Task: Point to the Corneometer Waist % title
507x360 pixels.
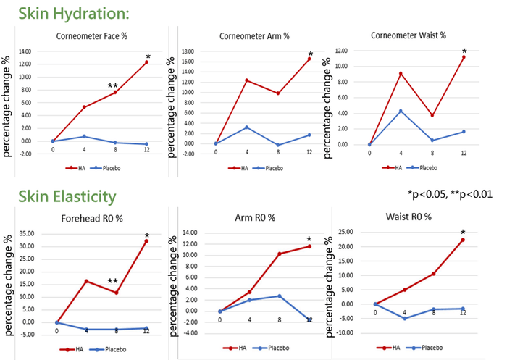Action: pyautogui.click(x=408, y=35)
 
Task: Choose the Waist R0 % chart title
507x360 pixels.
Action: pyautogui.click(x=408, y=216)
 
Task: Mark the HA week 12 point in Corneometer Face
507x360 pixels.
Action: pyautogui.click(x=146, y=62)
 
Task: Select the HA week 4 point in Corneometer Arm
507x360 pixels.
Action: pyautogui.click(x=247, y=80)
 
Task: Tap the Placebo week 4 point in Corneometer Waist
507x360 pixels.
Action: pyautogui.click(x=401, y=111)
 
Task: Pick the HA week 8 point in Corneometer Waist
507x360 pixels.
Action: pyautogui.click(x=432, y=115)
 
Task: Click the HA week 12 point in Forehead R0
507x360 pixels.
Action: pyautogui.click(x=146, y=241)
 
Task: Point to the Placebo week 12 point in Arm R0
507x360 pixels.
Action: pyautogui.click(x=309, y=319)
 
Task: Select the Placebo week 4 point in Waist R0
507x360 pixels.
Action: pyautogui.click(x=405, y=318)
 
